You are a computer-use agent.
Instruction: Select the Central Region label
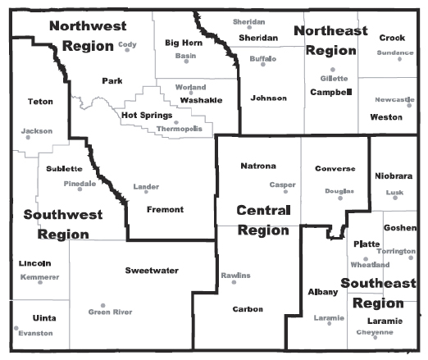[x=263, y=221]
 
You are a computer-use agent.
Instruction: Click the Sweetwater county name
[x=152, y=270]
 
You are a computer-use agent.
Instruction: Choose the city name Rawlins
[x=235, y=275]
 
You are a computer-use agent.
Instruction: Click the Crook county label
[x=392, y=38]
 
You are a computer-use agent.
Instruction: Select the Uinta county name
[x=32, y=317]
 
